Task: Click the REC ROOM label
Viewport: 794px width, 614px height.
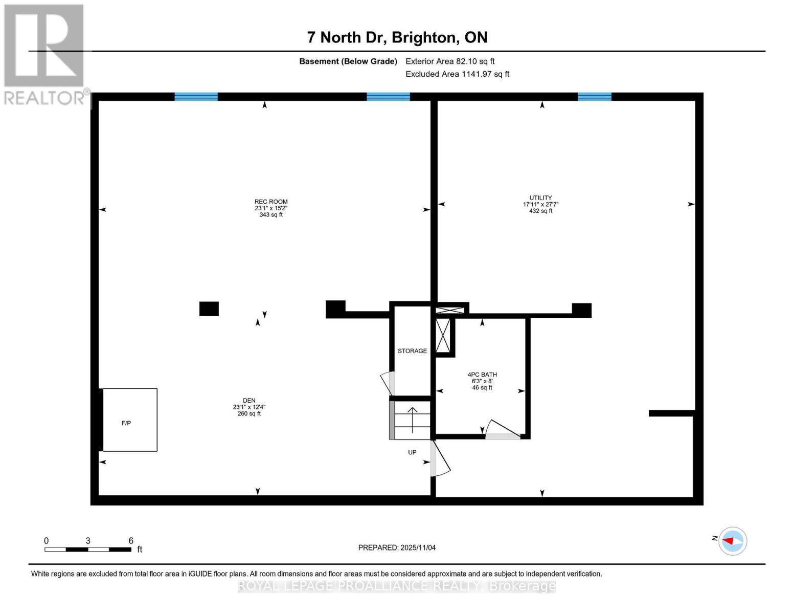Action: (271, 202)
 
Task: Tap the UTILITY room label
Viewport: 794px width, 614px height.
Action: (540, 198)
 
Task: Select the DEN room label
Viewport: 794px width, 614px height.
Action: (249, 401)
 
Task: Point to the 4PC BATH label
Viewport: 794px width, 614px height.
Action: (482, 375)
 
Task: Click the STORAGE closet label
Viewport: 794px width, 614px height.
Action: (412, 351)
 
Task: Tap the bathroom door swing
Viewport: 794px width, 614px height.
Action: (501, 430)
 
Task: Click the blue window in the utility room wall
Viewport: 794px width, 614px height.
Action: (594, 97)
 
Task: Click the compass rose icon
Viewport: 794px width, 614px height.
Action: (733, 541)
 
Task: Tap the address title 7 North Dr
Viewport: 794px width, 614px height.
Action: (397, 37)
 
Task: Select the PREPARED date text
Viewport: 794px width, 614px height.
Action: (397, 547)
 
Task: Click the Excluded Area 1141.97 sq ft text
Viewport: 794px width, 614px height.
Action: (457, 74)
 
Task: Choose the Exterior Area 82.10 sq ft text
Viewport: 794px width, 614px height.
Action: (450, 61)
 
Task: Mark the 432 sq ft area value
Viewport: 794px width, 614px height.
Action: (540, 211)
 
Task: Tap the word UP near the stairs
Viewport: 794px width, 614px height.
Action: (412, 452)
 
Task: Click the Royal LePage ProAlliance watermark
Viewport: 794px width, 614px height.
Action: (397, 586)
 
